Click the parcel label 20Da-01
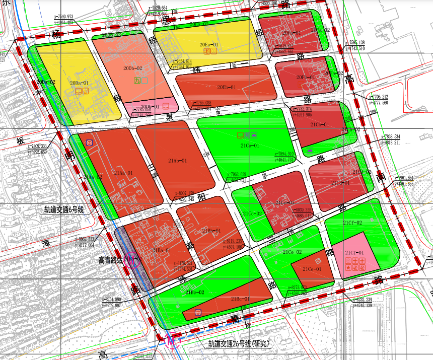[x=79, y=83]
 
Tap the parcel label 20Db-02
[x=132, y=68]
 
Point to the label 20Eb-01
[x=227, y=88]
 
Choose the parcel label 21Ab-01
[x=177, y=161]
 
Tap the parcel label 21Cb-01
[x=319, y=125]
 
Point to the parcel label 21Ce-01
[x=312, y=269]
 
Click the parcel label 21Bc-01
[x=240, y=299]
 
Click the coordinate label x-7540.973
[x=60, y=17]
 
